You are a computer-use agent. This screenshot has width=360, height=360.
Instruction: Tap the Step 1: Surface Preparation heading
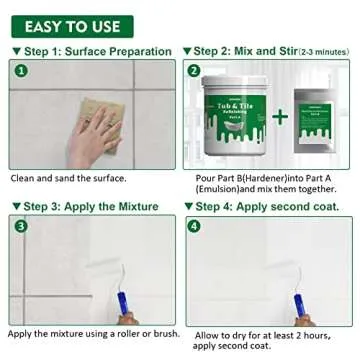coord(91,50)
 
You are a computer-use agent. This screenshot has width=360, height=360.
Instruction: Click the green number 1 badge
coord(21,71)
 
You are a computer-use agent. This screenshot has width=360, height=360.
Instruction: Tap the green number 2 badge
coord(194,71)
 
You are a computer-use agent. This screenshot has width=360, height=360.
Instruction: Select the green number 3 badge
coord(21,226)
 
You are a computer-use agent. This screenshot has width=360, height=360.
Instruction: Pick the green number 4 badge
coord(194,226)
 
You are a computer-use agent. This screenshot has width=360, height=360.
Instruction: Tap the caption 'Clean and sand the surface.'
coord(68,179)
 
